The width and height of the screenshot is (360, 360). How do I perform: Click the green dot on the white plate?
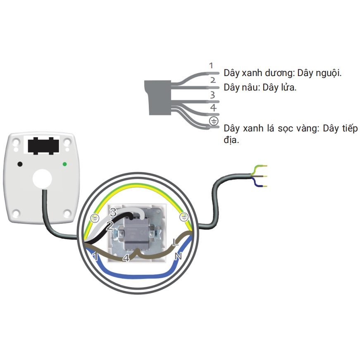pos(64,164)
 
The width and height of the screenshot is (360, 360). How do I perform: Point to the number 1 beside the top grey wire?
pos(211,65)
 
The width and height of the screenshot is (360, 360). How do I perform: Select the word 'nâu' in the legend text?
pos(251,88)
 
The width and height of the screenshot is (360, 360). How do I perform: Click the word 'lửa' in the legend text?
pos(287,88)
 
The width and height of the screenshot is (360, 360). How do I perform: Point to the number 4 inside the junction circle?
pos(126,259)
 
